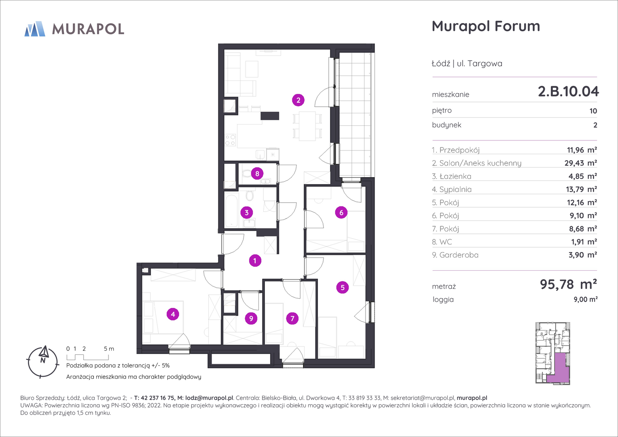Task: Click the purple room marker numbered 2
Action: point(298,100)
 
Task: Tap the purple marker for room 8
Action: point(257,173)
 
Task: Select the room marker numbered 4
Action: point(173,314)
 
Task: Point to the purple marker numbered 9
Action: point(251,318)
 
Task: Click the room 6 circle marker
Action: point(341,212)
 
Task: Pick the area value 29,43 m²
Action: point(580,163)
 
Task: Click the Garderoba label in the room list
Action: point(459,255)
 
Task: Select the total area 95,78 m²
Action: point(568,284)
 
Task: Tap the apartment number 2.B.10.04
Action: point(568,91)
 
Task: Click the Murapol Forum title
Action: point(486,26)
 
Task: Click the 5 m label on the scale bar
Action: point(109,349)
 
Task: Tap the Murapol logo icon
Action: point(35,29)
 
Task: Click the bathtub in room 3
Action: point(231,210)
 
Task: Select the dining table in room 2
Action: point(307,126)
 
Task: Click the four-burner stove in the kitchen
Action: point(230,140)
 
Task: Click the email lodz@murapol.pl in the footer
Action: point(209,398)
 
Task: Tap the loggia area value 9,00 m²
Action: point(586,299)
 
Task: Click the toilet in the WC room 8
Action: point(246,174)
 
